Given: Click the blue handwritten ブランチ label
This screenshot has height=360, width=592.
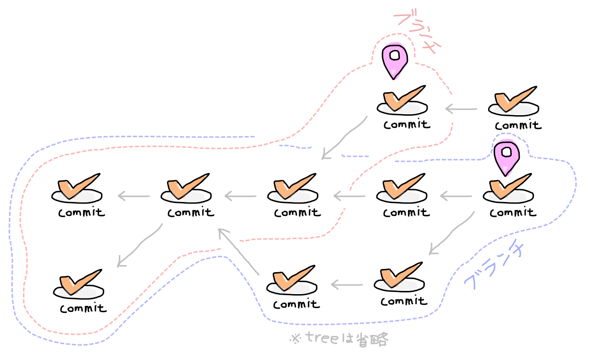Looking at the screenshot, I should [x=492, y=266].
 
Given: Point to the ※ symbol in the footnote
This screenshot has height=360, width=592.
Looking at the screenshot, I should [x=295, y=339].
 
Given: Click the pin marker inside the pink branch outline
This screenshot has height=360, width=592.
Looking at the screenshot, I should [x=394, y=61].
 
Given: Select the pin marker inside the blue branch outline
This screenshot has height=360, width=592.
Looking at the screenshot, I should [x=506, y=157].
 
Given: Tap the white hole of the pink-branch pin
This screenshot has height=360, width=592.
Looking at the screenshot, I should [x=394, y=55].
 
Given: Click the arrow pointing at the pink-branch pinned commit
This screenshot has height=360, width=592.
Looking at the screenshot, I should [x=461, y=109].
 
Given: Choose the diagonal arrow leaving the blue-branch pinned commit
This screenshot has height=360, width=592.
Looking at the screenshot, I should [x=452, y=232].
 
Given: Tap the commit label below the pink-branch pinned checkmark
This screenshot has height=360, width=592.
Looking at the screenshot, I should [x=406, y=124].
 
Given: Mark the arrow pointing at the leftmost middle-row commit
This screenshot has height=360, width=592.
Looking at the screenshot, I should [x=133, y=196].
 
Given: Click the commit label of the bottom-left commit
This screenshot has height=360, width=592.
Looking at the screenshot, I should [x=83, y=309].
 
